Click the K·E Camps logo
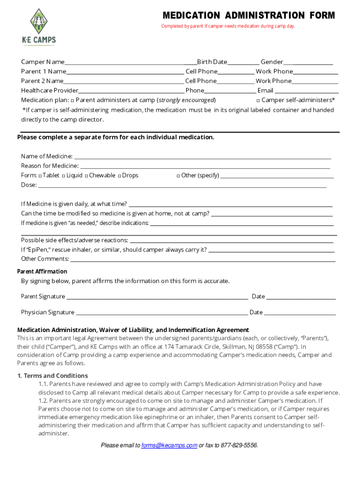click(39, 27)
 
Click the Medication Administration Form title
click(248, 15)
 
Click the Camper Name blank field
click(130, 63)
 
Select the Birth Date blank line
click(243, 63)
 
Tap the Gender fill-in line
click(308, 63)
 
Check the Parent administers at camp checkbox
click(72, 101)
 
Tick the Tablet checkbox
click(41, 176)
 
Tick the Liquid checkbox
click(63, 176)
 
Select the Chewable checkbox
click(86, 176)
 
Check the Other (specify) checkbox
click(178, 176)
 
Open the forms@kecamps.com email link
click(169, 446)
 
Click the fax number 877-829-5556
click(239, 446)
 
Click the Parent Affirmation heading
click(42, 272)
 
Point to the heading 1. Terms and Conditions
click(52, 376)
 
